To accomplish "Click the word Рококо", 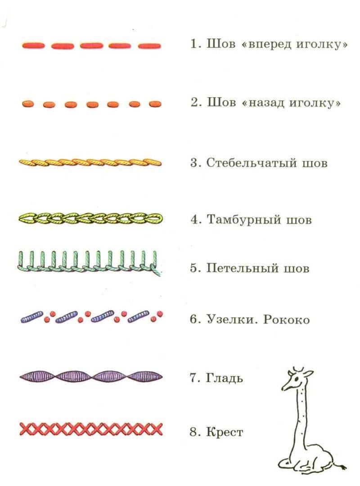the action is [287, 319].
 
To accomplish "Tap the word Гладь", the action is [225, 378].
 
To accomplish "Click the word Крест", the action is [225, 432].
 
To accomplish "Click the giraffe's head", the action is [296, 379].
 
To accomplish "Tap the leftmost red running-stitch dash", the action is [33, 45].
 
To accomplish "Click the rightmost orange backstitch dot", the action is [155, 104].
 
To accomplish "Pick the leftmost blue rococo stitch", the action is [32, 318].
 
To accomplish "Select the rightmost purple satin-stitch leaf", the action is [145, 377].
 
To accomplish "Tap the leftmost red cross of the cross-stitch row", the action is [25, 429].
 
